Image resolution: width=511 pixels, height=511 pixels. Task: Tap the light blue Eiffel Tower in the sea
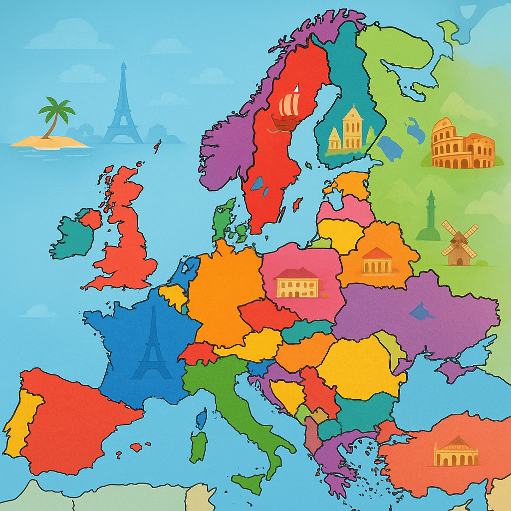[x=122, y=107]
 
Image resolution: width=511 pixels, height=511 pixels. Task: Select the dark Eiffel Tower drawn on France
[x=152, y=344]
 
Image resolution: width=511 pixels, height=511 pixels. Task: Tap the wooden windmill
[x=460, y=244]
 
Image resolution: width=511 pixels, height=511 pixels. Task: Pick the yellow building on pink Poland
[x=297, y=283]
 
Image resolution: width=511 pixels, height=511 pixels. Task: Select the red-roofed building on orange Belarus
[x=377, y=260]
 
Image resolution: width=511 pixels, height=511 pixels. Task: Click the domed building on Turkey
[x=456, y=452]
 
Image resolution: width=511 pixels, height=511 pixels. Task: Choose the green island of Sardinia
[x=198, y=446]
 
